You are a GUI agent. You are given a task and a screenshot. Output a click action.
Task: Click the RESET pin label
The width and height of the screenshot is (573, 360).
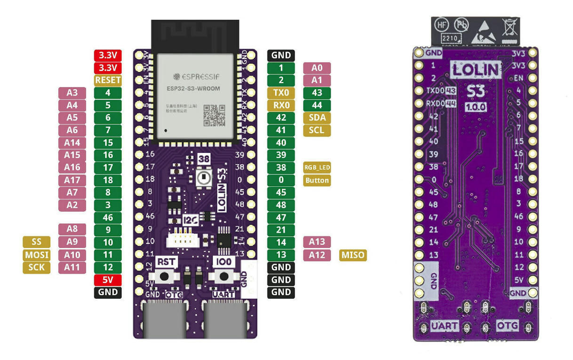tap(108, 80)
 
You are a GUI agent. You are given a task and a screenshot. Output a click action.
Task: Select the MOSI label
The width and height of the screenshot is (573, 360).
tap(36, 255)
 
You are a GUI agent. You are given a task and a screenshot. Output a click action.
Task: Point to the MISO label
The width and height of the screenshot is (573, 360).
tap(352, 255)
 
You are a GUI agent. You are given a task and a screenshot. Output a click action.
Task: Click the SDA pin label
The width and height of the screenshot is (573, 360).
tap(317, 118)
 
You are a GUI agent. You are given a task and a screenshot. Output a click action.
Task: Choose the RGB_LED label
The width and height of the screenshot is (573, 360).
tap(317, 168)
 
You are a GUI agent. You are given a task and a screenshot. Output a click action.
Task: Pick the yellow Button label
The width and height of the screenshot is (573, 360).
tap(317, 180)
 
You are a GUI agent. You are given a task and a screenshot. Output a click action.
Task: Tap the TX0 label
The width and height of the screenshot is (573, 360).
tap(281, 93)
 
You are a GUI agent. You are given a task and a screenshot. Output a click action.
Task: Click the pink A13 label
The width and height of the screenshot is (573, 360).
tap(317, 242)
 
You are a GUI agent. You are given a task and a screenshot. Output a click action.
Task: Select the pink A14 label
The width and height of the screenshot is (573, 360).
tap(72, 143)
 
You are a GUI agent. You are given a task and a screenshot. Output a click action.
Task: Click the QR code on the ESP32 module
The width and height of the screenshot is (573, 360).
tap(214, 116)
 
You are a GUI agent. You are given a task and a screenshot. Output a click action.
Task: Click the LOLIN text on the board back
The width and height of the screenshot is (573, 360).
tap(476, 70)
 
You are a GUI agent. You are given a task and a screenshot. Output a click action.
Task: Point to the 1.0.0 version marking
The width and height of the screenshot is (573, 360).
tap(476, 107)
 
